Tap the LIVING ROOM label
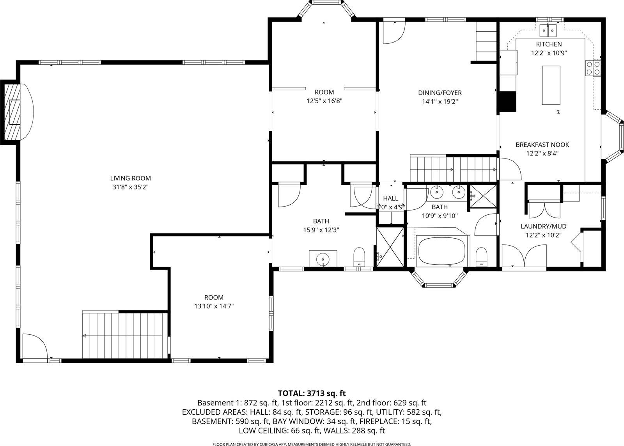[x=130, y=178]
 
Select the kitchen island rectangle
[x=551, y=85]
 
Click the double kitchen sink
[x=550, y=29]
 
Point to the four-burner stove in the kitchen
[x=593, y=68]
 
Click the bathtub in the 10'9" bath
[x=442, y=250]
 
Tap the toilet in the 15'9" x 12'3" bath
[x=359, y=257]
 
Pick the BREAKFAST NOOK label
[x=542, y=145]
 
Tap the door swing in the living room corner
[x=34, y=346]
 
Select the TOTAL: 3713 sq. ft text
[x=312, y=393]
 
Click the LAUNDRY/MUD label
[x=543, y=226]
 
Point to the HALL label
[x=390, y=198]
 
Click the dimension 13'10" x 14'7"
[x=214, y=307]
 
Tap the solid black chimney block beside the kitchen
[x=508, y=102]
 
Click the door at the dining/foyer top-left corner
[x=393, y=32]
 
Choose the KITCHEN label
[x=549, y=44]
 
